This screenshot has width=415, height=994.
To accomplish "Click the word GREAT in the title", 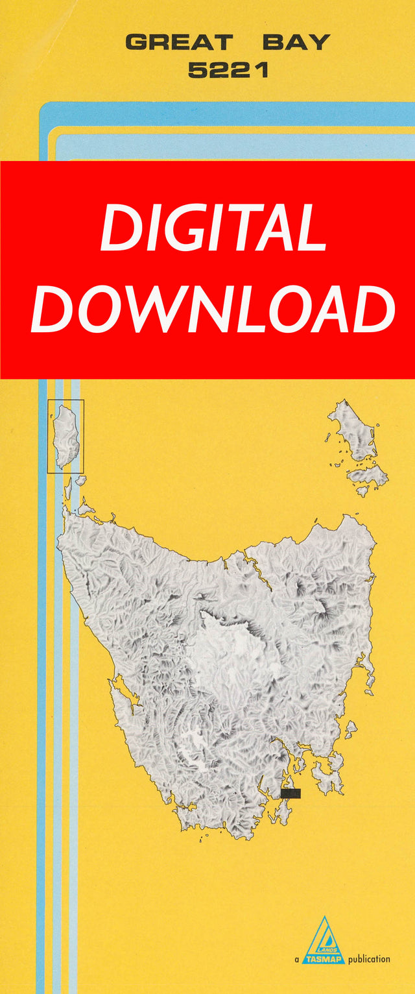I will tap(178, 43).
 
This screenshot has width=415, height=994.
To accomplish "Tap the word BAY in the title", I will tap(296, 43).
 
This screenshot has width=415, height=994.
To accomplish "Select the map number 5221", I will tap(228, 70).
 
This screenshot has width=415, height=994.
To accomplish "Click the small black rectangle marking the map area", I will tap(290, 793).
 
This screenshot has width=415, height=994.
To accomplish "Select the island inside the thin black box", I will tap(65, 435).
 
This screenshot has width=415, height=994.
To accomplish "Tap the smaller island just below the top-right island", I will tap(367, 476).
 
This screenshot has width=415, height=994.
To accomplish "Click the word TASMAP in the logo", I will tap(324, 958).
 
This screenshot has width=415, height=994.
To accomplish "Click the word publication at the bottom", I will tap(369, 958).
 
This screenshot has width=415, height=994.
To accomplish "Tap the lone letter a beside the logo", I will tap(296, 959).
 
